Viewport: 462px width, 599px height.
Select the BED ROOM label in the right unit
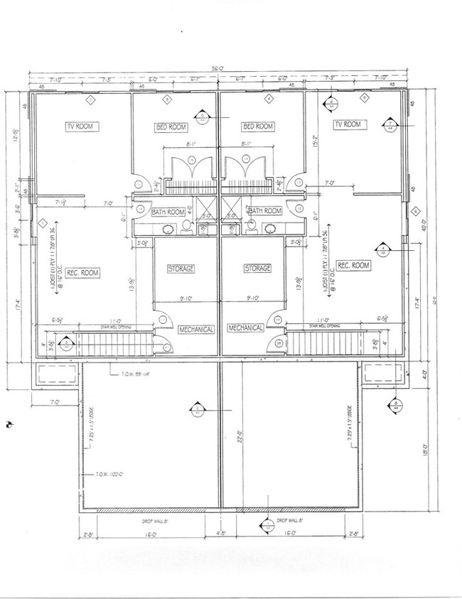(x=258, y=126)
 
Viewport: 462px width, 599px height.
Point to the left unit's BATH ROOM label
(x=168, y=212)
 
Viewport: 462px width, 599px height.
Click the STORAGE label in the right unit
(x=257, y=269)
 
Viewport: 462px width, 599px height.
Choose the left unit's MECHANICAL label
(x=195, y=329)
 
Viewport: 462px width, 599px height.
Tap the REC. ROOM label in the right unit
(x=353, y=265)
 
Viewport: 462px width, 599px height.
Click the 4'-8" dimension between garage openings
(x=220, y=532)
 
